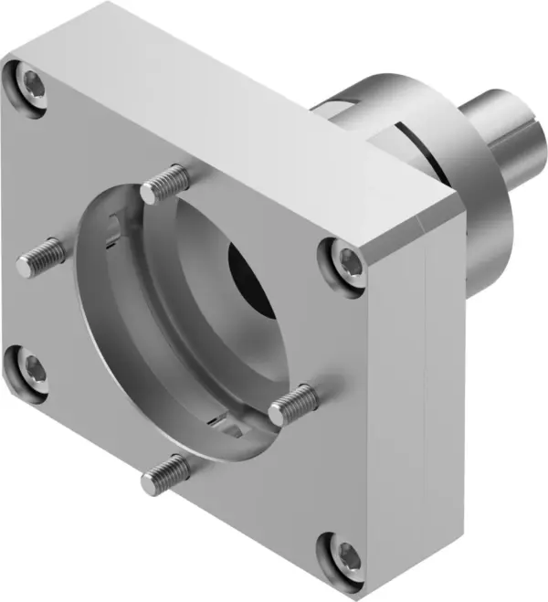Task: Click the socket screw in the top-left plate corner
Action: tap(29, 88)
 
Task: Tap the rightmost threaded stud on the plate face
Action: tap(294, 402)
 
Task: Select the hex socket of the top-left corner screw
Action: tap(29, 88)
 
